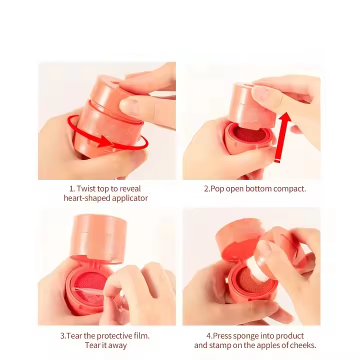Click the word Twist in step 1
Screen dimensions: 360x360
click(86, 188)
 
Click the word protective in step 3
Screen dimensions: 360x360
click(115, 336)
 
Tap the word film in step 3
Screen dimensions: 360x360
click(142, 336)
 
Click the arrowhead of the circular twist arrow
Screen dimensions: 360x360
click(104, 141)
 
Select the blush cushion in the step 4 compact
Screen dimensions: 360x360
click(252, 278)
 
